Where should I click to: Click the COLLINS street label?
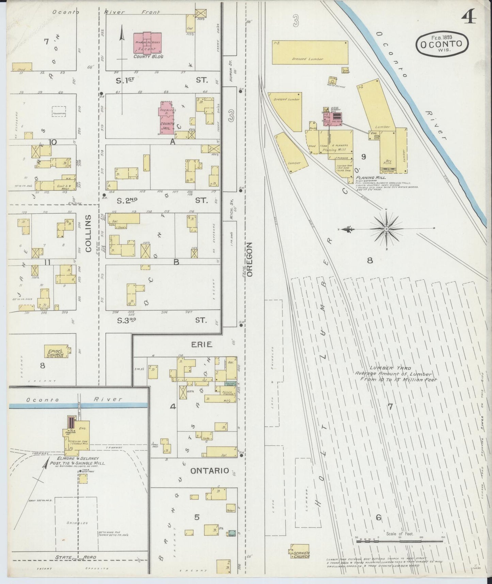(89, 233)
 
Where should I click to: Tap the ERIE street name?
(202, 344)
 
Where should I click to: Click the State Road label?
(76, 557)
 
